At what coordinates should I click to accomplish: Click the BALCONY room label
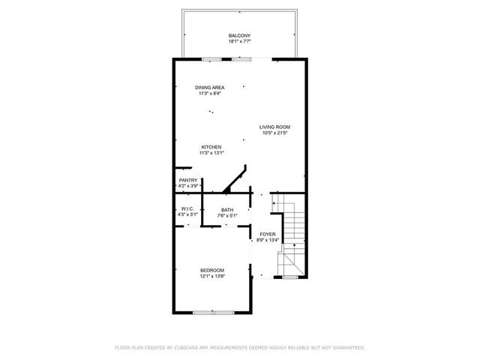pos(239,35)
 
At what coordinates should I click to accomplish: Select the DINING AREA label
pos(209,88)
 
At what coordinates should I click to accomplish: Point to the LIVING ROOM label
pos(274,127)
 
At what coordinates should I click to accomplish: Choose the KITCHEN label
pos(210,147)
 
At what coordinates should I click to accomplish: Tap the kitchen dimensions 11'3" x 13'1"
pos(210,153)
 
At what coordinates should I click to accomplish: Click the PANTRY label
pos(187,180)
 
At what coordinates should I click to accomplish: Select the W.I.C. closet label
pos(187,208)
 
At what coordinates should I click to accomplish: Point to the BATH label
pos(226,210)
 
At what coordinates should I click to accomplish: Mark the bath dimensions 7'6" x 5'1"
pos(226,216)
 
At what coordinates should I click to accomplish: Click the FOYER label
pos(268,235)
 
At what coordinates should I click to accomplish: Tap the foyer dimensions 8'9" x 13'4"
pos(268,241)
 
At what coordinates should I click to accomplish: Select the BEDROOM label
pos(211,270)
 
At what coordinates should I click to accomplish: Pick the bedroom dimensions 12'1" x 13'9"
pos(211,276)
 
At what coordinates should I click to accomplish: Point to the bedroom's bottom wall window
pos(212,311)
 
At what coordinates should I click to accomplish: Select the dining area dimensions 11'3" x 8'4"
pos(209,94)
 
